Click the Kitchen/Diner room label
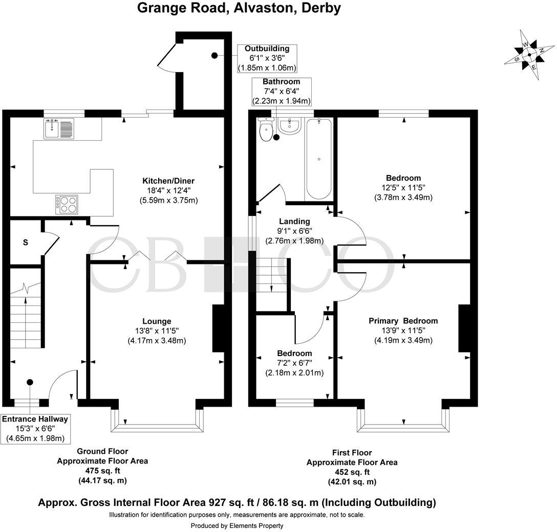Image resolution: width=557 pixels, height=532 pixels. click(x=168, y=181)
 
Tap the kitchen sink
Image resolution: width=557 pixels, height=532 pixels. click(x=59, y=128)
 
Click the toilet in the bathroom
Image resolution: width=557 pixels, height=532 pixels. click(x=266, y=131)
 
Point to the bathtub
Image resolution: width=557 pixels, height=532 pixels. click(x=319, y=158)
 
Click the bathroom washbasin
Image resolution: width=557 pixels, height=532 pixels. click(x=290, y=125)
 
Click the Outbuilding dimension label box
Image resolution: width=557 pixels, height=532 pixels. click(x=267, y=58)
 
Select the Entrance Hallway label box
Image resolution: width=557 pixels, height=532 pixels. click(x=35, y=429)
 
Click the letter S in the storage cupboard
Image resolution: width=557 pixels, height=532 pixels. click(x=25, y=243)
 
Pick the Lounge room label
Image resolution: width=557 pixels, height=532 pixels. click(x=157, y=321)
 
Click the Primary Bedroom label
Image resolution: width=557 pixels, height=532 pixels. click(x=403, y=321)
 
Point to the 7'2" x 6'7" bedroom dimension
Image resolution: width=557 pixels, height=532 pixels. click(x=294, y=363)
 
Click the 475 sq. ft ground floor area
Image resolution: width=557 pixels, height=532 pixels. click(x=102, y=471)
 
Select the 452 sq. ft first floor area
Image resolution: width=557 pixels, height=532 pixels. click(x=352, y=472)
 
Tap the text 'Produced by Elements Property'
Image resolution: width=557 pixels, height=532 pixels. click(x=237, y=525)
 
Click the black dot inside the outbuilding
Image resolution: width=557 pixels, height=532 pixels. click(x=214, y=55)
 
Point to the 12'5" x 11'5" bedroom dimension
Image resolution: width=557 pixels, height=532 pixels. click(x=403, y=188)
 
